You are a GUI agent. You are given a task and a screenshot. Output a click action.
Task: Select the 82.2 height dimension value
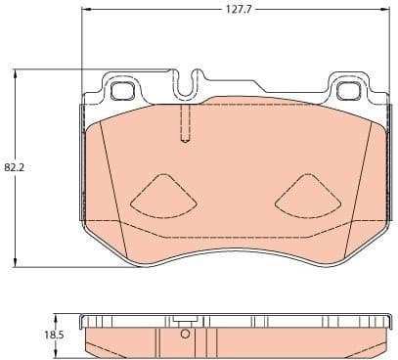coord(14,167)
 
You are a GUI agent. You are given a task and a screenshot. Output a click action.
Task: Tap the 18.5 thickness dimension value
coord(54,335)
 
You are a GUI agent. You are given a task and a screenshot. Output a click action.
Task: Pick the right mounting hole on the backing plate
coord(348,92)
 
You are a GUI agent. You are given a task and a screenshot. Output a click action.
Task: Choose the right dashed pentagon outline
coord(308,196)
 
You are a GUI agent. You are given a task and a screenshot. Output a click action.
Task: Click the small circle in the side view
coord(184,336)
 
